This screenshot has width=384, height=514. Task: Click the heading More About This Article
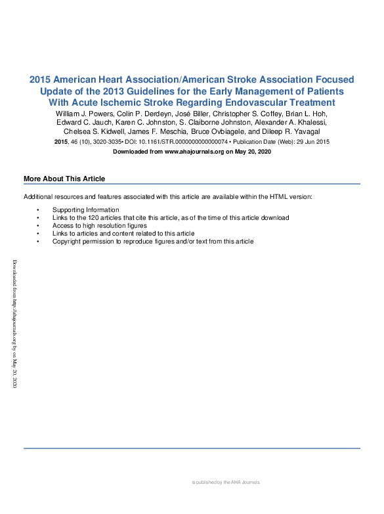64,179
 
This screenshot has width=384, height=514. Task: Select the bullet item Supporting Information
86,210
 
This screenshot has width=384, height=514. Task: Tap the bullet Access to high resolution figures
100,226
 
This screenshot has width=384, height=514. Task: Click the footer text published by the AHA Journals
226,482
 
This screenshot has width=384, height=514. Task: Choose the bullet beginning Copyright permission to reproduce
153,242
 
